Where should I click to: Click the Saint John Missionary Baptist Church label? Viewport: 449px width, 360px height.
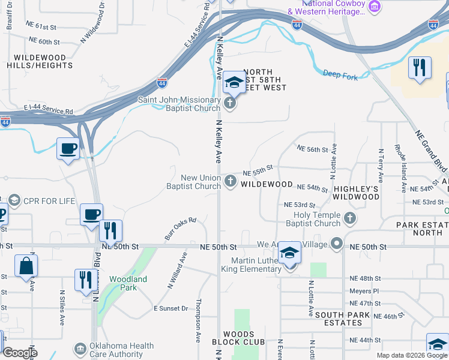coord(179,104)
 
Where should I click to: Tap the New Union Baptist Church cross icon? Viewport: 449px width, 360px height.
coord(231,181)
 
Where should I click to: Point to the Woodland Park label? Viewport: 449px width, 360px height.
coord(128,283)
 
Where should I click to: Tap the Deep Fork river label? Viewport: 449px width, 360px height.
coord(340,75)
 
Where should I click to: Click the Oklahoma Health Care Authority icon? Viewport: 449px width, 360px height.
coord(80,349)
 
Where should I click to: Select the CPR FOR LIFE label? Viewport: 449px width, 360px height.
coord(49,200)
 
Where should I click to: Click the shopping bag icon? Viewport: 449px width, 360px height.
coord(26,266)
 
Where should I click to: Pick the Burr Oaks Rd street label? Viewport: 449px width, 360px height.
coord(181,229)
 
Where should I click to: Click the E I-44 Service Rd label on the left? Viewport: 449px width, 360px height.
coord(48,112)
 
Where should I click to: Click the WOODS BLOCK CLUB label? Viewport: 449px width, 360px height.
coord(238,338)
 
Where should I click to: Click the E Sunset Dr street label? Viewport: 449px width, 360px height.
coord(171,308)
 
